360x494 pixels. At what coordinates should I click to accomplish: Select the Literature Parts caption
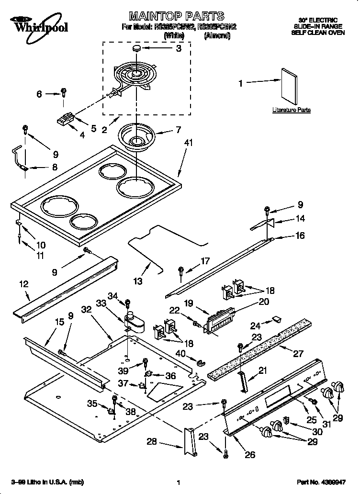pyautogui.click(x=291, y=110)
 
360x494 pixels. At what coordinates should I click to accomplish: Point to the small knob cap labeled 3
pyautogui.click(x=137, y=48)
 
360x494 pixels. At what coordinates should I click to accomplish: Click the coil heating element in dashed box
pyautogui.click(x=135, y=77)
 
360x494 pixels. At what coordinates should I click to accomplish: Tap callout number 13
pyautogui.click(x=138, y=281)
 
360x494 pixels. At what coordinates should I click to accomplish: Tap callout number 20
pyautogui.click(x=264, y=302)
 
